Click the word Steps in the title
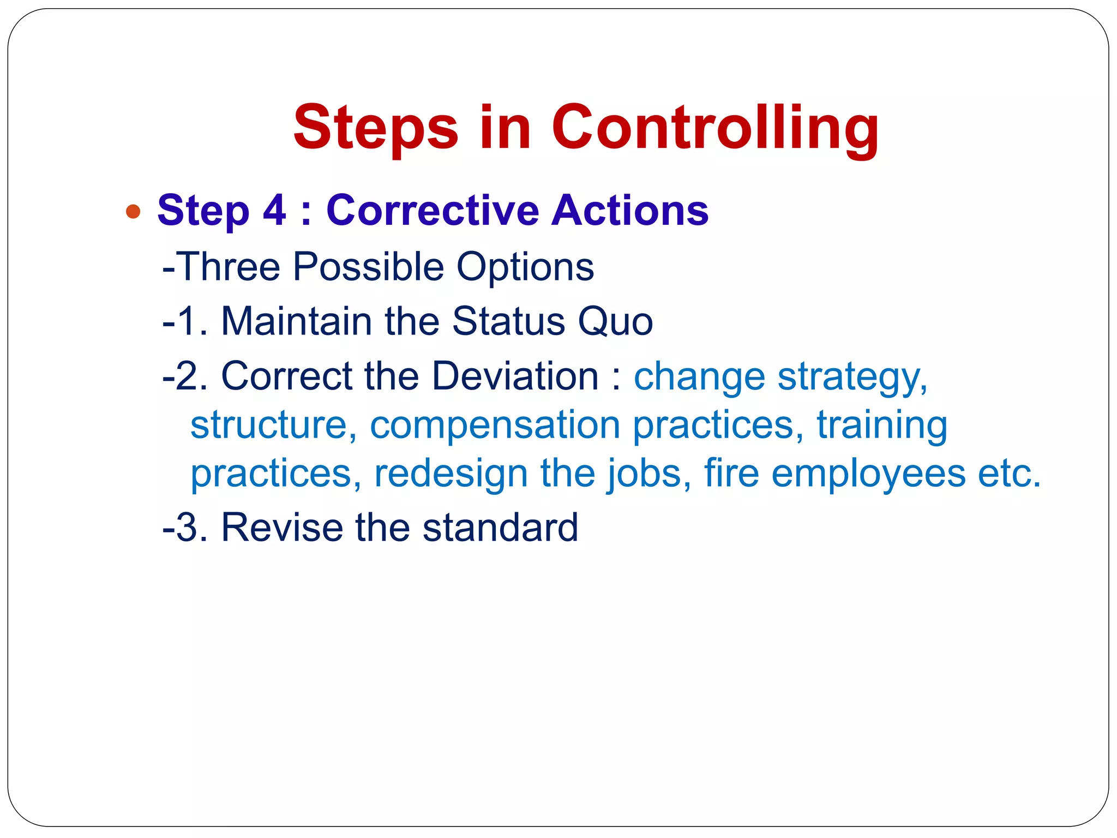[375, 129]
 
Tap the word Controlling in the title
[715, 129]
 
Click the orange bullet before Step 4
[133, 211]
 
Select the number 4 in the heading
[274, 210]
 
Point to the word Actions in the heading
[630, 210]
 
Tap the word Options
[525, 267]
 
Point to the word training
[882, 426]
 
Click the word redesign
[451, 473]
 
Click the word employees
[868, 474]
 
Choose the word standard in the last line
[500, 528]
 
